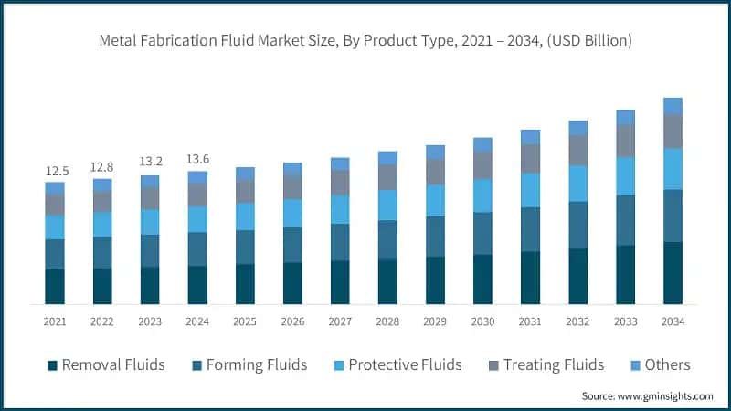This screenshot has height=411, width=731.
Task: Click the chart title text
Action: click(365, 41)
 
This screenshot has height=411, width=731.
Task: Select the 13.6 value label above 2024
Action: click(197, 160)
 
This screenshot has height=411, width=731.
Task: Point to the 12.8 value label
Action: click(102, 167)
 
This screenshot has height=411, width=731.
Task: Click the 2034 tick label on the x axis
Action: click(673, 321)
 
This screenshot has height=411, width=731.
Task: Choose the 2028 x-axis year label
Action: click(387, 321)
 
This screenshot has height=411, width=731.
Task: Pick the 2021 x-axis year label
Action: click(55, 321)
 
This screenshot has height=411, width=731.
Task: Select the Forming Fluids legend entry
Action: click(249, 364)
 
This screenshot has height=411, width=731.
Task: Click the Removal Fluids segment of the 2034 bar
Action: click(673, 272)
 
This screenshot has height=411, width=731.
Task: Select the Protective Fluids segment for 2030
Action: click(482, 195)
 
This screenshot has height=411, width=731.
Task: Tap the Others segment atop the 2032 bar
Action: click(577, 128)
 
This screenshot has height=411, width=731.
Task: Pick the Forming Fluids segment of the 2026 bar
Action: click(292, 245)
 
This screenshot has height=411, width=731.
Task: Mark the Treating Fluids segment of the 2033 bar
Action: click(625, 141)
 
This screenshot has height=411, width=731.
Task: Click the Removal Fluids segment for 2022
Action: click(102, 286)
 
